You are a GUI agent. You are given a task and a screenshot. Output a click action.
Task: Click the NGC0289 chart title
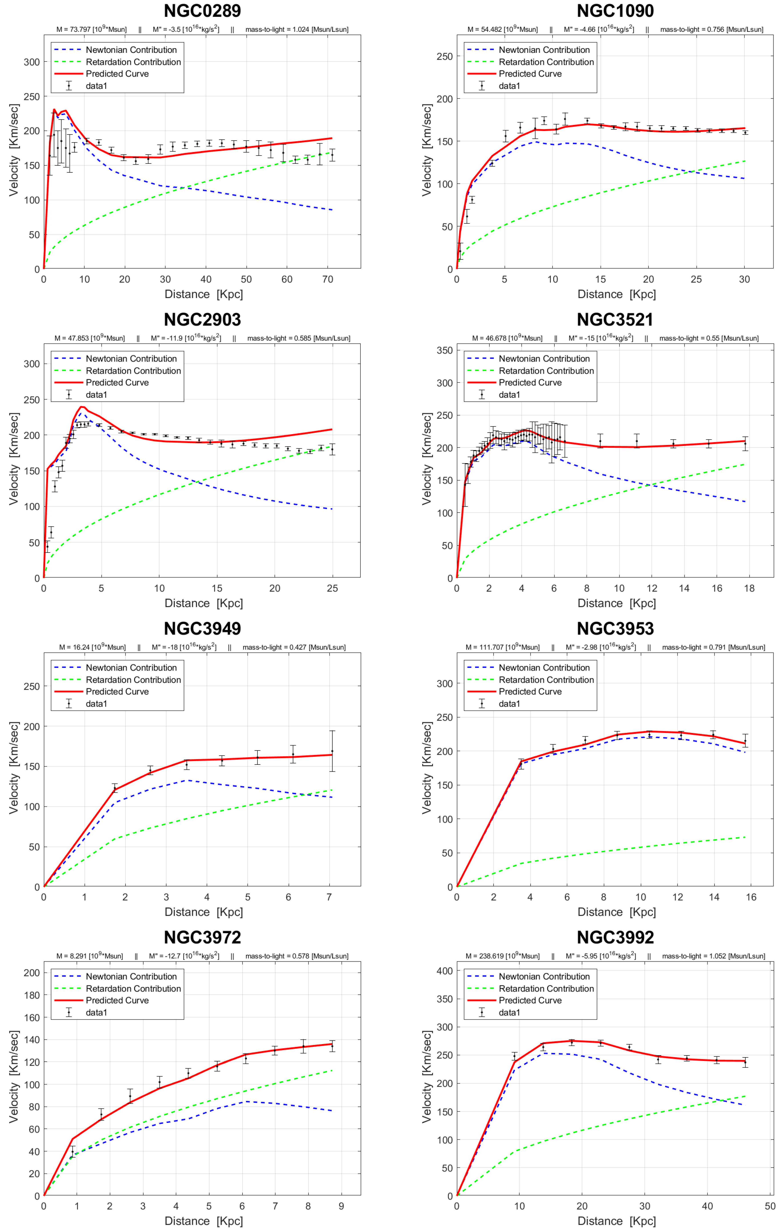click(202, 11)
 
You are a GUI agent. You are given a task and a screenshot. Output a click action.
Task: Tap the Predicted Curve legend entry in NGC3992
click(530, 1000)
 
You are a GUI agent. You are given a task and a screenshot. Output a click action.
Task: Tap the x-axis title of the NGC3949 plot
click(203, 912)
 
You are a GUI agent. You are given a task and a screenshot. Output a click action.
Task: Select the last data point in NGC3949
click(332, 751)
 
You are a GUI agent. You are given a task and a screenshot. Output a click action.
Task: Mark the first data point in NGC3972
click(72, 1157)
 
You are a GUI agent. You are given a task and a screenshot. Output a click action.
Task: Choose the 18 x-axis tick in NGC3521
click(749, 588)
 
